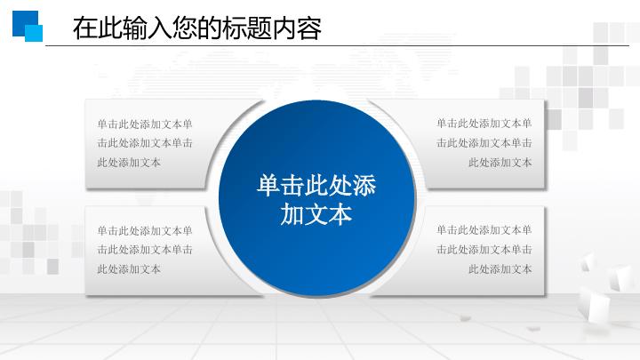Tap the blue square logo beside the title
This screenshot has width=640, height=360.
pyautogui.click(x=28, y=26)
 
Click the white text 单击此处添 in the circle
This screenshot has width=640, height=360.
pyautogui.click(x=316, y=186)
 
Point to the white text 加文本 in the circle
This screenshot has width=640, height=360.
pyautogui.click(x=316, y=214)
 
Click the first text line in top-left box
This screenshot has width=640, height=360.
pyautogui.click(x=145, y=124)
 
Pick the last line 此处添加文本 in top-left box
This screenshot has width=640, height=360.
pyautogui.click(x=129, y=162)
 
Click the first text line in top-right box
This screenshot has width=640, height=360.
pyautogui.click(x=484, y=124)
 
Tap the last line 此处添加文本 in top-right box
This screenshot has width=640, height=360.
pyautogui.click(x=500, y=162)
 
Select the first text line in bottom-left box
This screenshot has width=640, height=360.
pyautogui.click(x=145, y=230)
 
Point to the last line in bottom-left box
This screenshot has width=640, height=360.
pyautogui.click(x=129, y=268)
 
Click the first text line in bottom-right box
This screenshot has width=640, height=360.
pyautogui.click(x=484, y=230)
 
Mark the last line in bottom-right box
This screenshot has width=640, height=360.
pyautogui.click(x=500, y=268)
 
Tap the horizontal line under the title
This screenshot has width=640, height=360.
pyautogui.click(x=356, y=45)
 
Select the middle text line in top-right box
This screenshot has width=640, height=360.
pyautogui.click(x=484, y=142)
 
